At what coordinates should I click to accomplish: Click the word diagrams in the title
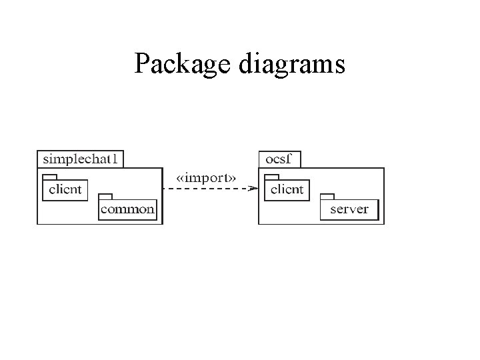(290, 65)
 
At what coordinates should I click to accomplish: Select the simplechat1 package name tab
(81, 159)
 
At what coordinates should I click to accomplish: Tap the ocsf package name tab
(279, 159)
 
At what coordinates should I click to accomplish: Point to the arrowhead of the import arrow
(253, 189)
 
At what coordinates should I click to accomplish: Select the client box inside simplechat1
(65, 190)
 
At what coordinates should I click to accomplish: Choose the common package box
(127, 209)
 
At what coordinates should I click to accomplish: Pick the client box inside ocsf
(287, 190)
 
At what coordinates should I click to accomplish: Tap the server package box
(349, 209)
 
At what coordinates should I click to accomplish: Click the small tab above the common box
(105, 197)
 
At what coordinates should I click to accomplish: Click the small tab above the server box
(327, 197)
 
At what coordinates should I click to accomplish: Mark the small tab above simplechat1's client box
(49, 177)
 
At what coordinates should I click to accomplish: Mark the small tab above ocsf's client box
(271, 177)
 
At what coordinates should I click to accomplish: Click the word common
(127, 210)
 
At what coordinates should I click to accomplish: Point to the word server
(349, 210)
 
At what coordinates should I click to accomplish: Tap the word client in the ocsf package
(287, 190)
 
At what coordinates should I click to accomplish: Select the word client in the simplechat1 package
(65, 190)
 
